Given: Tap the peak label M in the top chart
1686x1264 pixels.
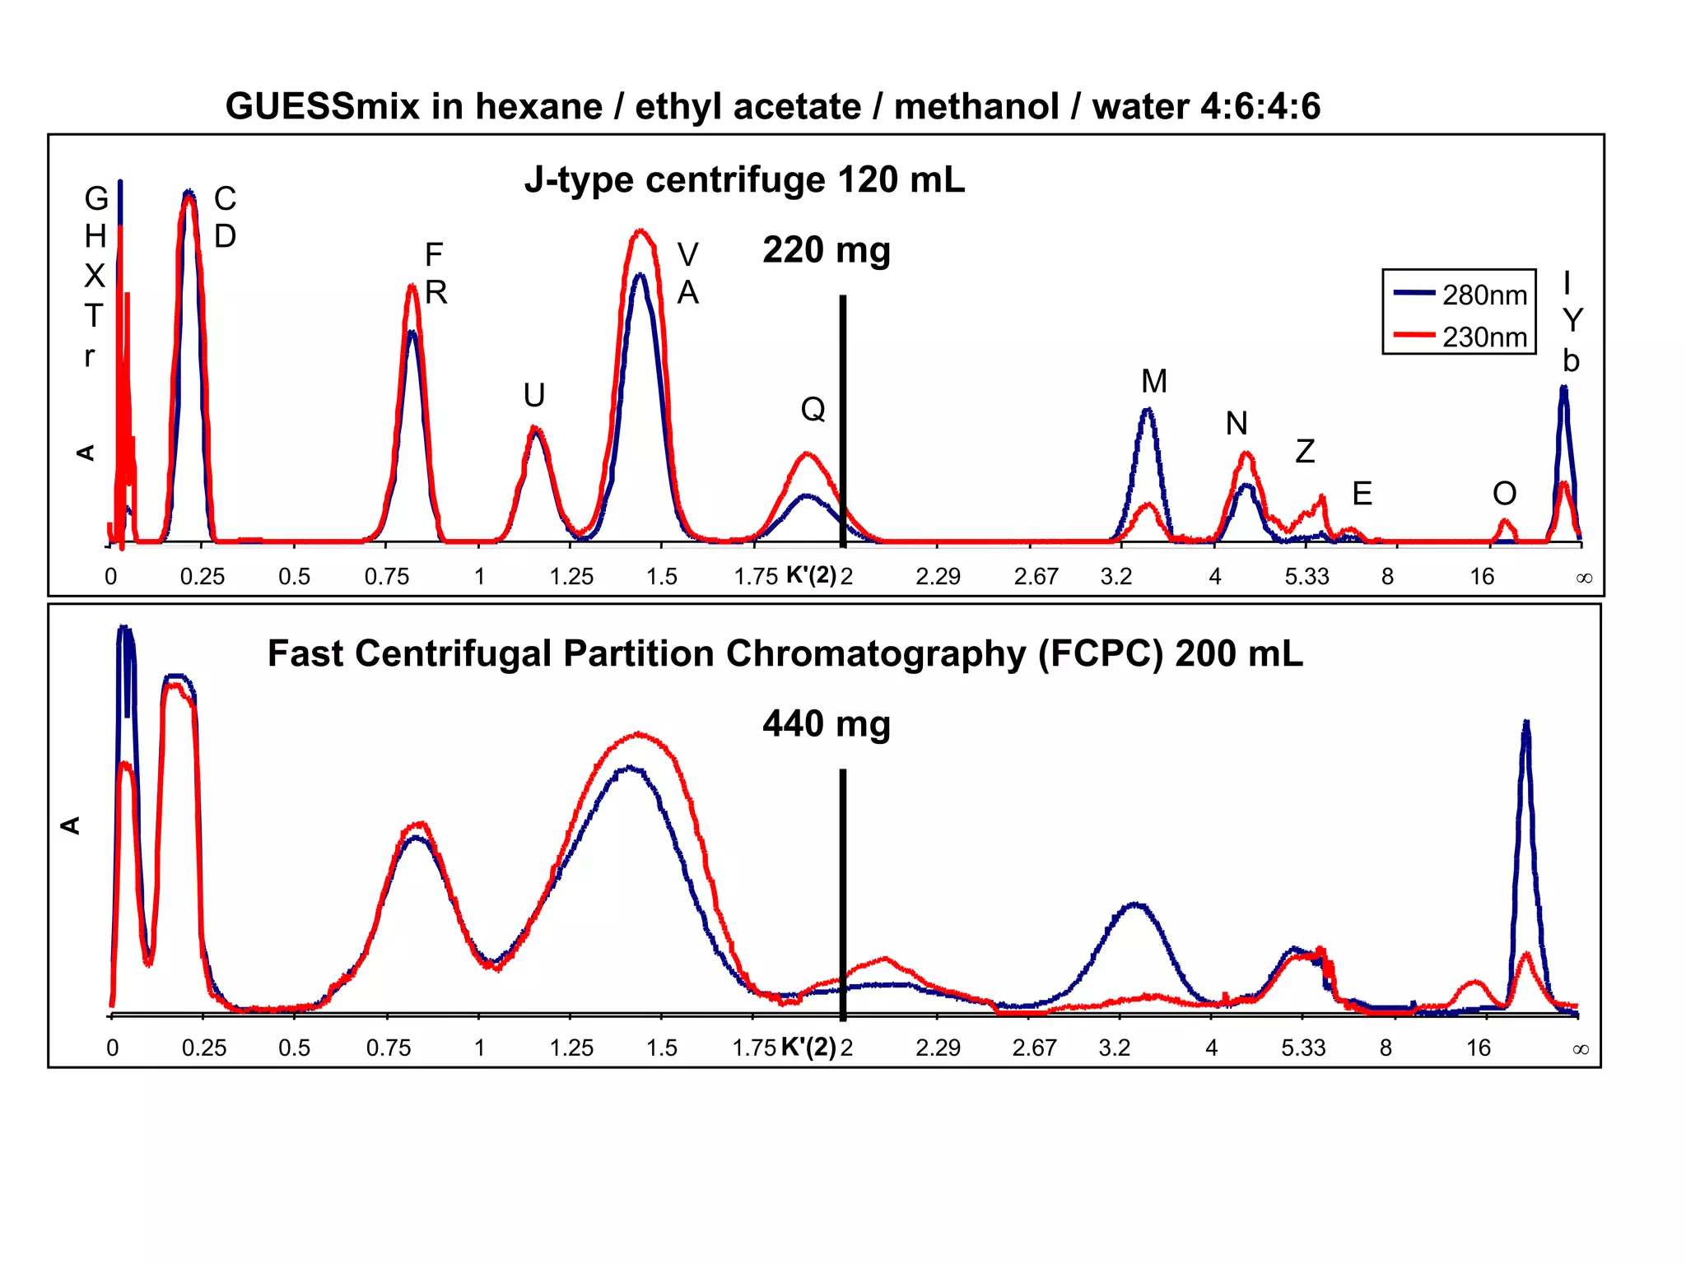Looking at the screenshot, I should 1153,382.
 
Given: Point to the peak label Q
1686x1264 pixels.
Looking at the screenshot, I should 813,409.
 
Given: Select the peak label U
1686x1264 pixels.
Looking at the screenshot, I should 533,396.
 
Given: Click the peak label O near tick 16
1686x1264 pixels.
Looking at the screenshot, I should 1504,494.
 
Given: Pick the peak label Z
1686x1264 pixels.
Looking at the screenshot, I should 1305,452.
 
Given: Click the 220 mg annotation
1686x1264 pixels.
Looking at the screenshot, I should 826,250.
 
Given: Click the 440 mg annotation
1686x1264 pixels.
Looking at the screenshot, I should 826,724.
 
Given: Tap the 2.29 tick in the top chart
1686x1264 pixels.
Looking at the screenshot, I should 938,576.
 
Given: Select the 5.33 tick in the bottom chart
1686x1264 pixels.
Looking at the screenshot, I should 1303,1048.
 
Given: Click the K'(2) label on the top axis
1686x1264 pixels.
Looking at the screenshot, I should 811,574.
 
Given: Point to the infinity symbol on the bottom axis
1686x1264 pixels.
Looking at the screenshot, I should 1580,1049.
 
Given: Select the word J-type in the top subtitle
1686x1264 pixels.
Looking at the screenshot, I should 580,180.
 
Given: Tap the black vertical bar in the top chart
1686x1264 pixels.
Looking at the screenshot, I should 842,420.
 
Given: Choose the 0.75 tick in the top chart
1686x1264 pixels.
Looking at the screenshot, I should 386,576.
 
